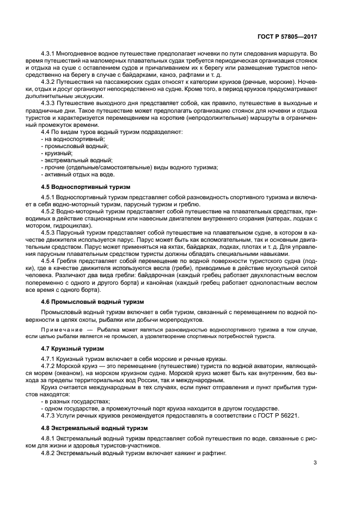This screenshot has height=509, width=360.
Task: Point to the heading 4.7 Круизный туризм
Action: [x=74, y=348]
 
